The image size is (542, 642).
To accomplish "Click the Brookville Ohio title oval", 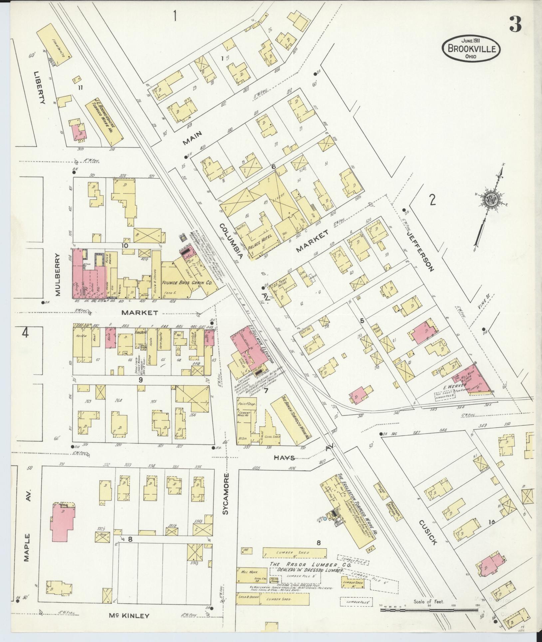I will click(x=471, y=49).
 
